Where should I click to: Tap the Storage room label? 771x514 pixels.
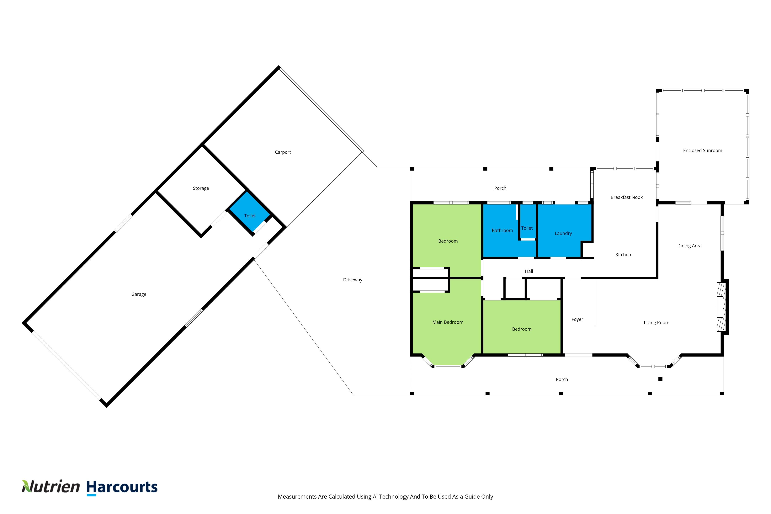click(x=201, y=188)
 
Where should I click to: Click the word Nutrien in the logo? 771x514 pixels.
click(x=51, y=487)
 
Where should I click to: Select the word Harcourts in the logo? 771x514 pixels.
click(x=122, y=487)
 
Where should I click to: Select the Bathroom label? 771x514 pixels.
click(x=502, y=231)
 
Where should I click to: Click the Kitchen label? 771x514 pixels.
click(x=623, y=255)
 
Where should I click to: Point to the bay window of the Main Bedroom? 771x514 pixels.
click(x=448, y=366)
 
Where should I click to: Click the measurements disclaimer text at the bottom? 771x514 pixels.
click(x=385, y=497)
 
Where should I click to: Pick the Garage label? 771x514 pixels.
click(x=139, y=294)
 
